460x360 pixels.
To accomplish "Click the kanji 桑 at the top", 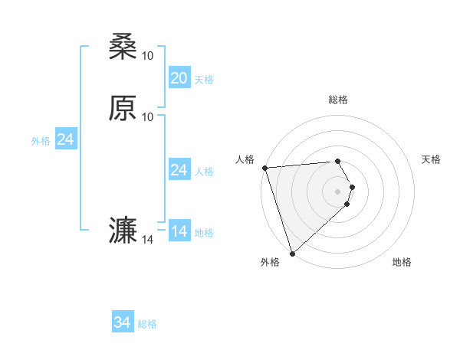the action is (x=123, y=48).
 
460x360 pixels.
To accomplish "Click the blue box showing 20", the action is (x=179, y=78).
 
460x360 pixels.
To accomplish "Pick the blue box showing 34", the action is (x=122, y=323).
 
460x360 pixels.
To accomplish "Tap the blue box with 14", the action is (x=179, y=231).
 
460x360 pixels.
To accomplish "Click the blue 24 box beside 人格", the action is (x=179, y=170).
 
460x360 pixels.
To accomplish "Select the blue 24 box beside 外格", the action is (x=65, y=140).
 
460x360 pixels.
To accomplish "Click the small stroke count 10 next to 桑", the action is (x=148, y=55).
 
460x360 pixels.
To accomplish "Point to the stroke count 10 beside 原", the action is (x=148, y=116).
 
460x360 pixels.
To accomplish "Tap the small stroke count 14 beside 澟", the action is (x=148, y=240).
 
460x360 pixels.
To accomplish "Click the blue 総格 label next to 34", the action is (x=147, y=324).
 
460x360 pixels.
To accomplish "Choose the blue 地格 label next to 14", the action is (x=204, y=232).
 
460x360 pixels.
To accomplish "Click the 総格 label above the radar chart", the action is (x=338, y=100).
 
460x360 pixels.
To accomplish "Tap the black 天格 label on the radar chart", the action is (x=432, y=159).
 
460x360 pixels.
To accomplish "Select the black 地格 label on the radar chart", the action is (x=402, y=262).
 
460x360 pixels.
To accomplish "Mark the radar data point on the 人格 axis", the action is (x=264, y=168).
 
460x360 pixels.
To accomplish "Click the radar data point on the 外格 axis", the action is (x=292, y=253).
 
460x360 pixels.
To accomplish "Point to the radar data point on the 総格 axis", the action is (x=338, y=161).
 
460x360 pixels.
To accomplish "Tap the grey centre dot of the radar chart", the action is (x=338, y=191).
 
